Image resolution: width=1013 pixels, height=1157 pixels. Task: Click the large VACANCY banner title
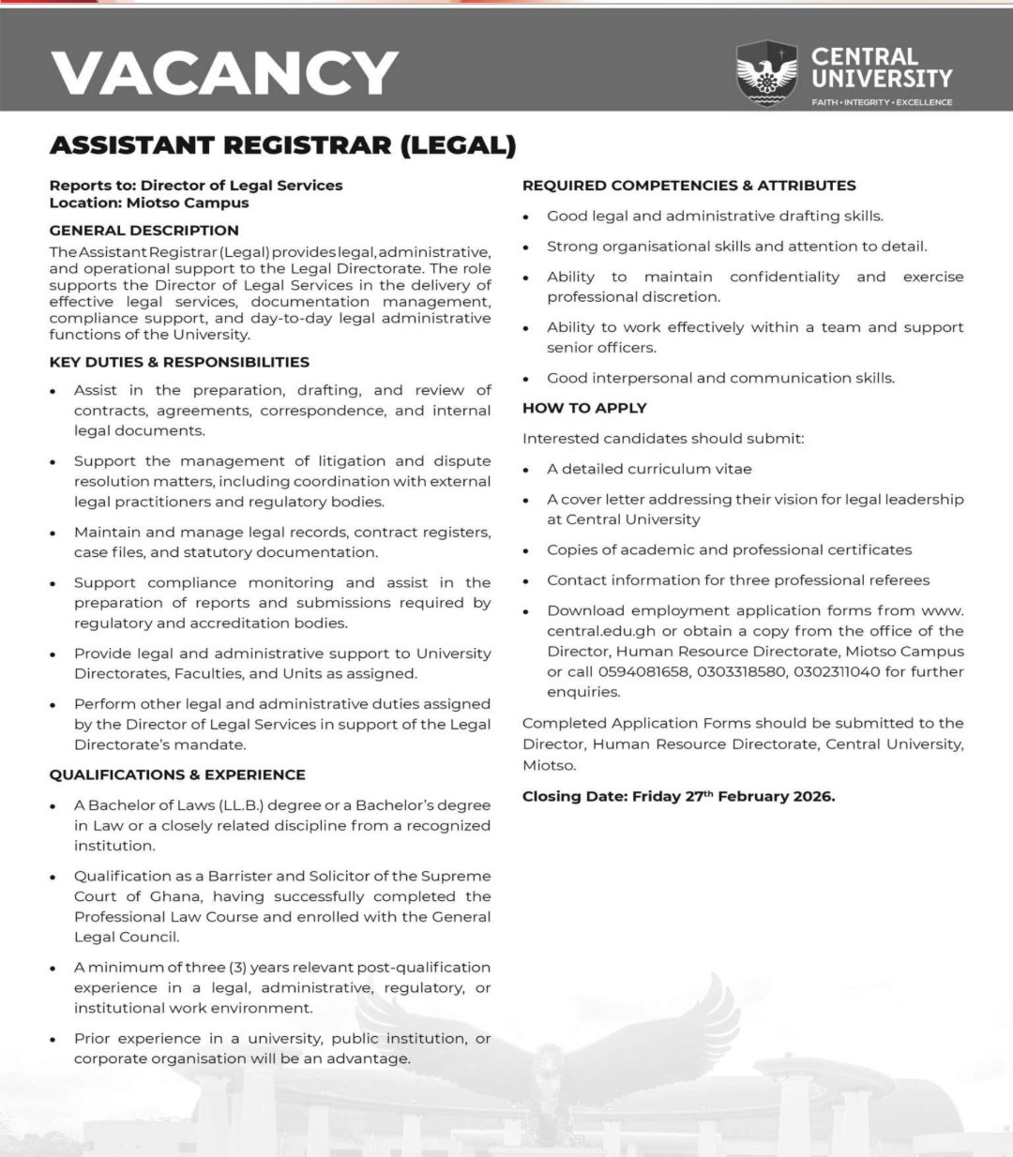(x=224, y=72)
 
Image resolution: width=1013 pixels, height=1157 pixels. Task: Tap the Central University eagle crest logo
(x=766, y=73)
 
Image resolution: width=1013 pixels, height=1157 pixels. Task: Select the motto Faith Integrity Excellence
(x=882, y=101)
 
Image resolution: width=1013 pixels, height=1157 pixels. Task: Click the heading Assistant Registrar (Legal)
(x=282, y=145)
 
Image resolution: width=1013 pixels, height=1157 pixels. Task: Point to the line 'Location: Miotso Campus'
(x=149, y=202)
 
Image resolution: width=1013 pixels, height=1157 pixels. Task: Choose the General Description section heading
(x=144, y=230)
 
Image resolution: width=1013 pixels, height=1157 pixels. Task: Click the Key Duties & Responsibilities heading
(x=179, y=362)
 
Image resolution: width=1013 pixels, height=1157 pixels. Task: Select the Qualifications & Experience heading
(x=177, y=774)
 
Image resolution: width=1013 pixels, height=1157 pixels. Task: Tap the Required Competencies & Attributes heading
(x=688, y=186)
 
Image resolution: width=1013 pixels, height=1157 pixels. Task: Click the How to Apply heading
(x=584, y=408)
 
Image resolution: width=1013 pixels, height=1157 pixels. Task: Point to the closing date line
(x=678, y=797)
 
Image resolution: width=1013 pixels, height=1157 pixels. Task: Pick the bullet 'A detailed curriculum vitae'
(x=649, y=469)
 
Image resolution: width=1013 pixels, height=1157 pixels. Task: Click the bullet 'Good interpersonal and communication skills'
(x=720, y=378)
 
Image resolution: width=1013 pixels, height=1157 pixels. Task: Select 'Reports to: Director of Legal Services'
(x=196, y=185)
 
